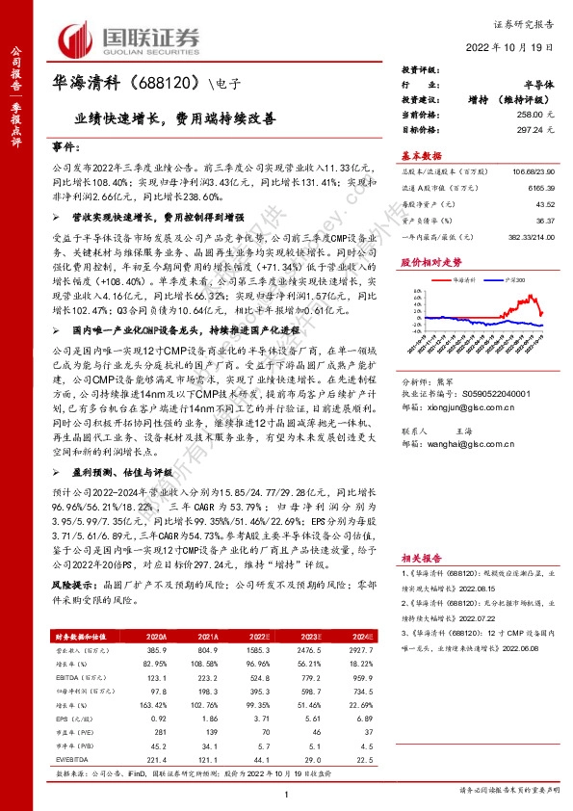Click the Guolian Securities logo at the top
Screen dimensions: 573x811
pyautogui.click(x=129, y=38)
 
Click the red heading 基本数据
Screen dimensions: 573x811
pyautogui.click(x=421, y=156)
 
